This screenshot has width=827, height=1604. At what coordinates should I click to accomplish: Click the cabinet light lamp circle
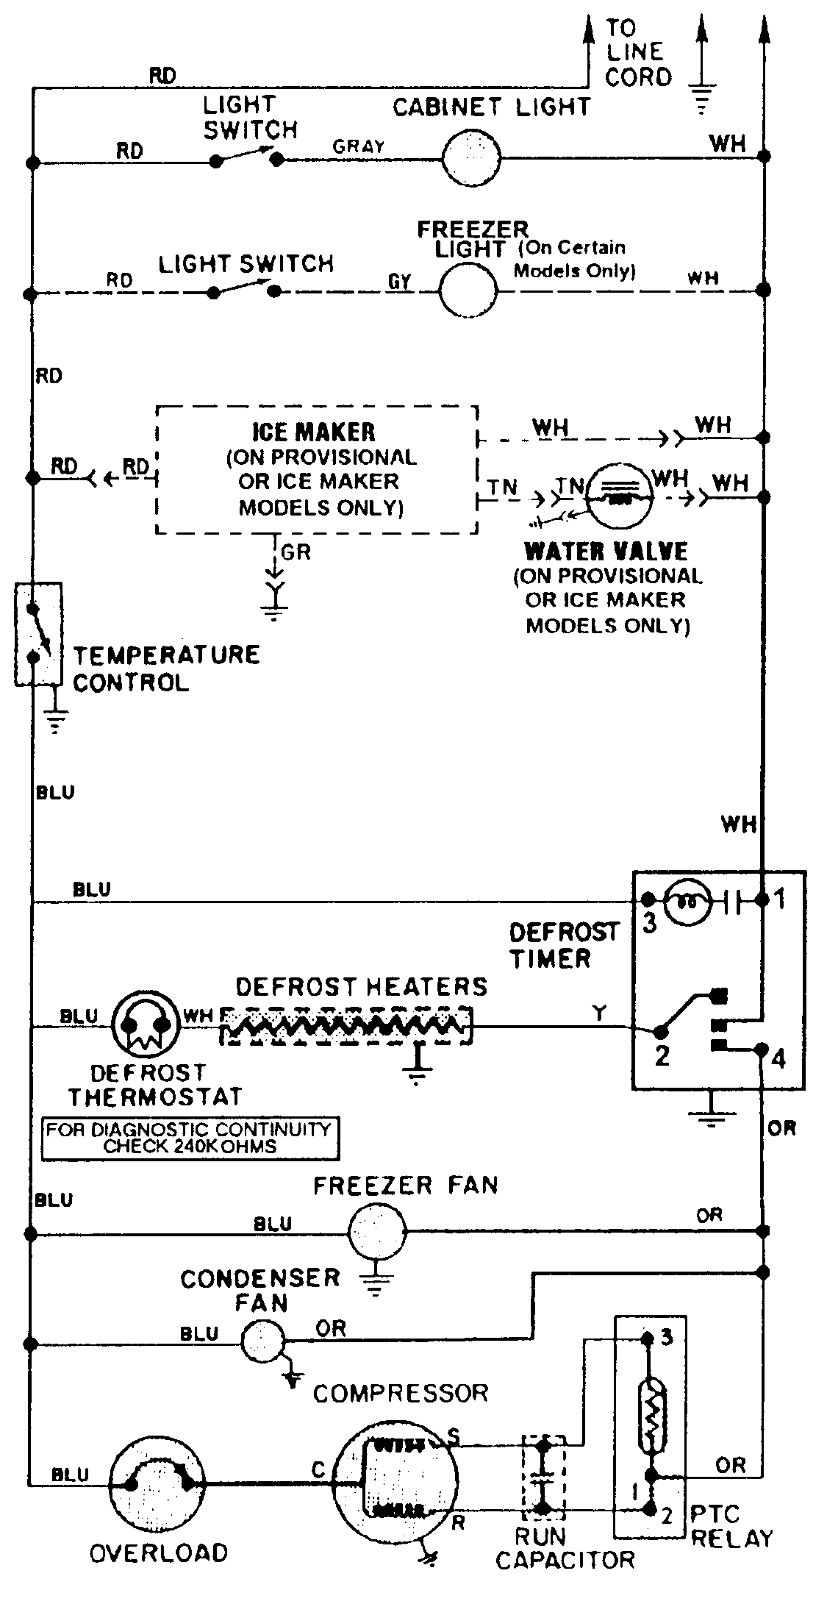click(470, 157)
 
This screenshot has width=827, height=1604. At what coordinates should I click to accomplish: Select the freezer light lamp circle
click(468, 290)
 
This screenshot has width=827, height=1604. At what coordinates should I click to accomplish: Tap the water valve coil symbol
click(621, 496)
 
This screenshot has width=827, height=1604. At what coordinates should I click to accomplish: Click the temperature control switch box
click(38, 634)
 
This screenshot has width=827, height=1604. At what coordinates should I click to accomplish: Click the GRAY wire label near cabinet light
click(359, 146)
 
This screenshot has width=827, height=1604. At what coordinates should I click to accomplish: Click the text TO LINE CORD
click(637, 53)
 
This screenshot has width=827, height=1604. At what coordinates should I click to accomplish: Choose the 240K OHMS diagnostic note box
click(190, 1138)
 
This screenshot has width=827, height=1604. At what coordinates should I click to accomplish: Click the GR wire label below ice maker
click(296, 552)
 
